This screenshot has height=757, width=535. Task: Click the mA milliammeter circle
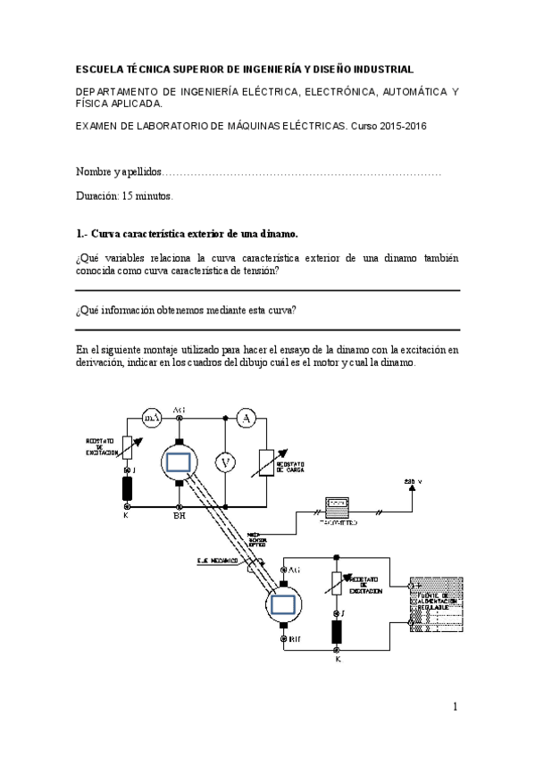click(153, 416)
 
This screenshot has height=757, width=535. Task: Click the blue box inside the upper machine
click(180, 462)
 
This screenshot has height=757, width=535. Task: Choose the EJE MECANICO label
click(217, 561)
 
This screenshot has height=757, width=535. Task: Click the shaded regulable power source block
click(435, 603)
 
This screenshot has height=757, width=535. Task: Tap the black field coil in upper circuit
click(127, 488)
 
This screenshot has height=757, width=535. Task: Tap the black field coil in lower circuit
click(338, 631)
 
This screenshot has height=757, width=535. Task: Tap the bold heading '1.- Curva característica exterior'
click(187, 234)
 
